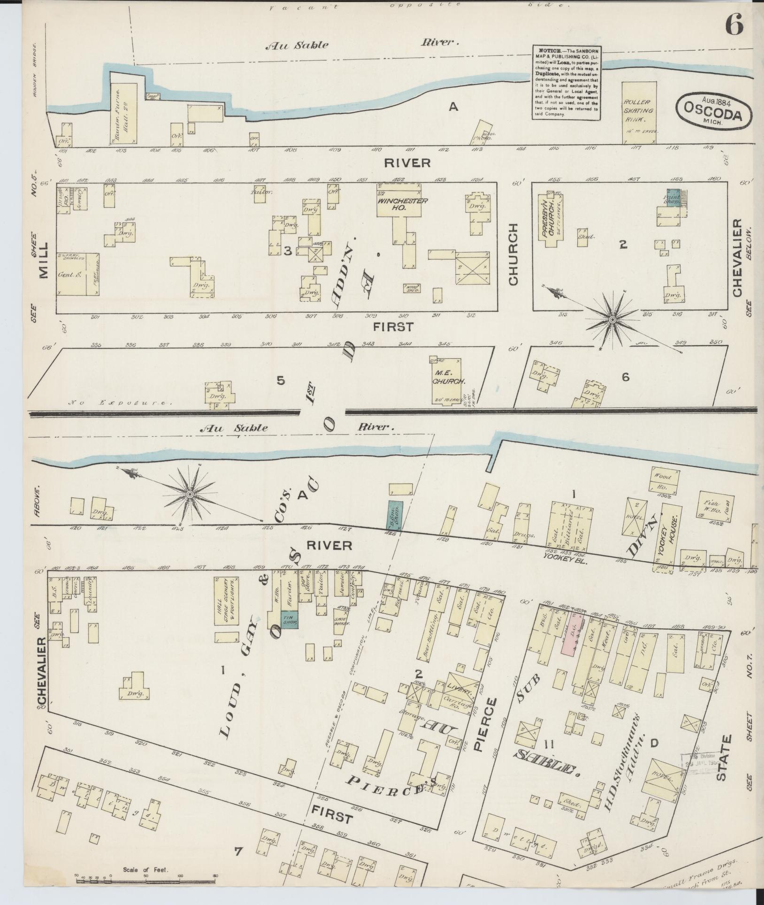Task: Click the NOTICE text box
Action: [567, 83]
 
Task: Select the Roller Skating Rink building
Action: [638, 113]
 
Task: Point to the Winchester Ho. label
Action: [398, 204]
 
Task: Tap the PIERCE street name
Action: [491, 735]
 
